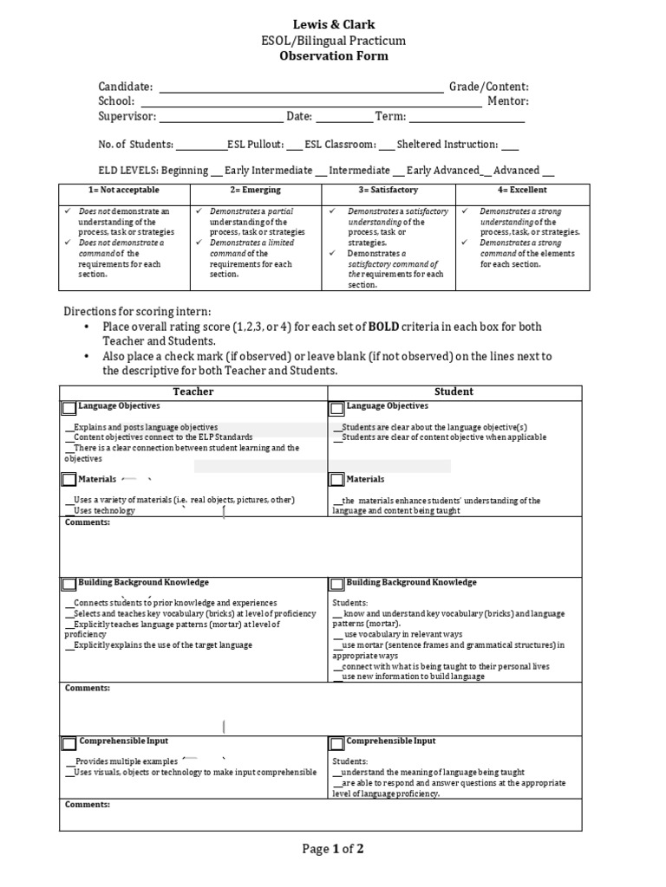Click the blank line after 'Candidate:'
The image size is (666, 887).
click(300, 87)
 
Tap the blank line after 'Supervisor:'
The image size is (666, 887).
click(221, 117)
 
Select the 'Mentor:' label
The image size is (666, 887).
click(507, 101)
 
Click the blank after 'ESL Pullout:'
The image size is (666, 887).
click(294, 146)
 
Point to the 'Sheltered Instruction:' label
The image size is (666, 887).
click(447, 145)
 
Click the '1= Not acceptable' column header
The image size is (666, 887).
click(124, 190)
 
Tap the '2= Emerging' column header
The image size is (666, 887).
click(256, 190)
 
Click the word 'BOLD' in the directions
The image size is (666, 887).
click(383, 327)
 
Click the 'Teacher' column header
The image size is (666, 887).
click(193, 392)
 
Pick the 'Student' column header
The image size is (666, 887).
click(454, 392)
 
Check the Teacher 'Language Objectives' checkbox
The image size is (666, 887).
click(69, 408)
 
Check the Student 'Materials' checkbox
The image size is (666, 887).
click(337, 480)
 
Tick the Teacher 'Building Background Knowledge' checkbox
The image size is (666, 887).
click(69, 585)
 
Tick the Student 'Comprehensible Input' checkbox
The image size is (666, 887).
click(337, 743)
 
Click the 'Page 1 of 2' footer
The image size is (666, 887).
click(332, 849)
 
